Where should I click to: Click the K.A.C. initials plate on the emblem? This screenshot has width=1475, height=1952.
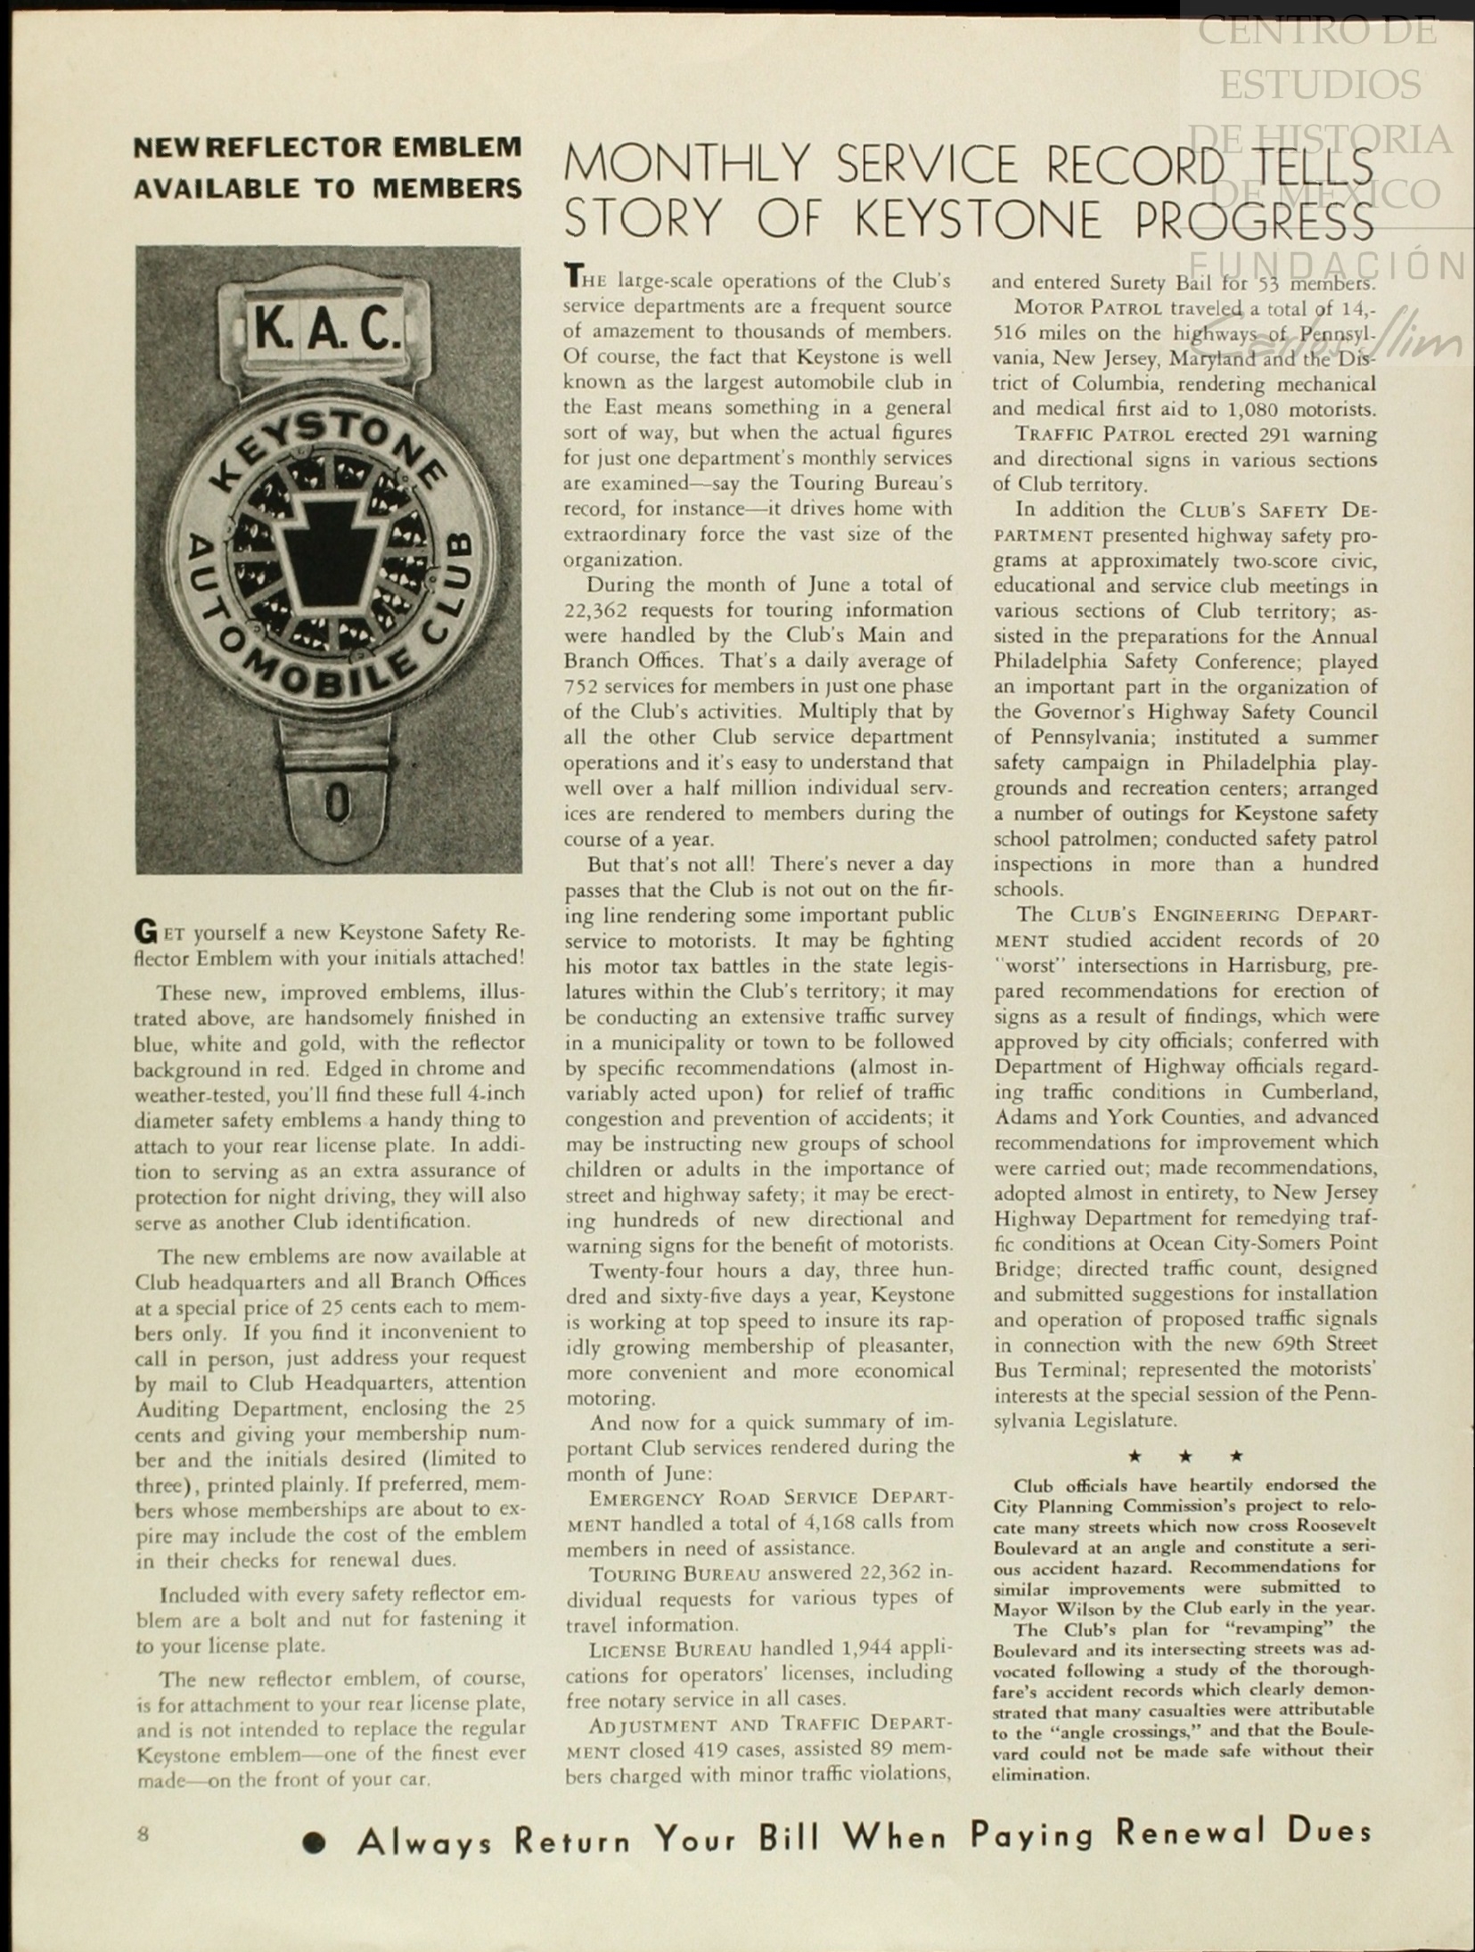point(327,328)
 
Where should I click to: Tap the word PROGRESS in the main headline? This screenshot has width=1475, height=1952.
point(1253,219)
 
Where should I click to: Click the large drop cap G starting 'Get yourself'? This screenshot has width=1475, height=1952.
point(144,932)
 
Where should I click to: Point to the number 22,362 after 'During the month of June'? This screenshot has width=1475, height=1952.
point(602,610)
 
